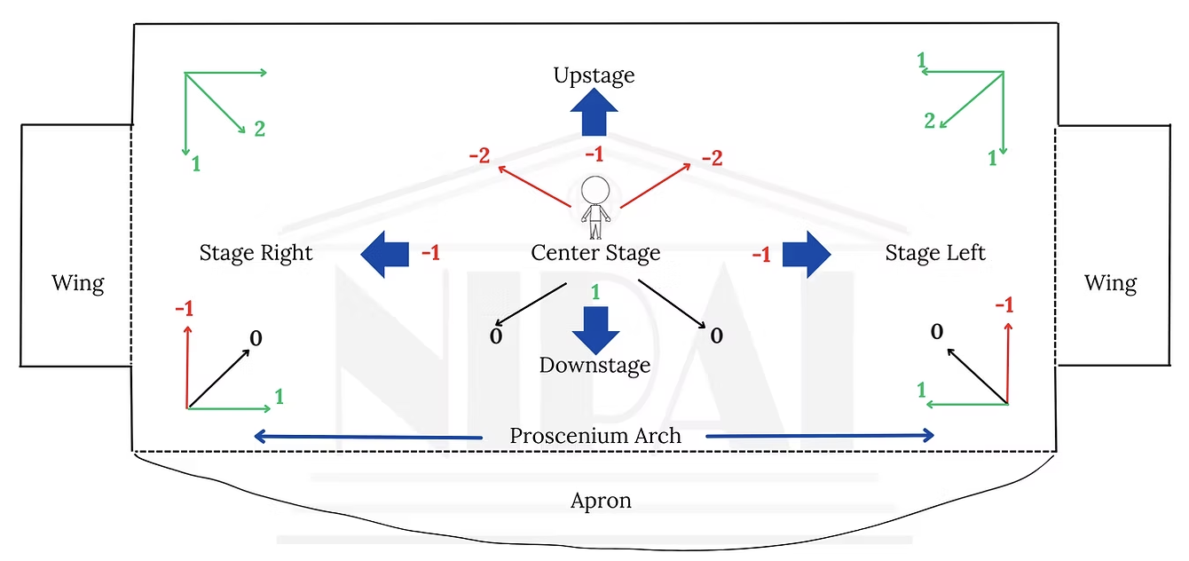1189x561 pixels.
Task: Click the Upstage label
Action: click(594, 75)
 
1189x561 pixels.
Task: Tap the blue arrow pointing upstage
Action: click(594, 112)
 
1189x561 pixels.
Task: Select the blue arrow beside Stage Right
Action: click(385, 254)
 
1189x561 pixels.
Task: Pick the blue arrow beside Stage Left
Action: click(807, 254)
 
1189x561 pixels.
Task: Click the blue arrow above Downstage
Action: click(595, 330)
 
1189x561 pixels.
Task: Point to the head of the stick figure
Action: click(595, 190)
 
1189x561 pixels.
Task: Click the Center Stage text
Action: click(595, 253)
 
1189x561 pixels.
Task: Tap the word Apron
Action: click(601, 501)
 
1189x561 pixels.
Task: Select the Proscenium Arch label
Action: click(595, 436)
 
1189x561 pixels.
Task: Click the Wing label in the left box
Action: click(77, 283)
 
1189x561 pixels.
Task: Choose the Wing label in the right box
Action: click(1110, 283)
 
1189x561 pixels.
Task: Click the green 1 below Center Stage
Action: click(595, 292)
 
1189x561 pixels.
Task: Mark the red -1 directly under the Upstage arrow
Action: click(594, 154)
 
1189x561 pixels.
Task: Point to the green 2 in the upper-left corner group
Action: click(260, 129)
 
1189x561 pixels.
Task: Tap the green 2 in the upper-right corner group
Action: click(929, 121)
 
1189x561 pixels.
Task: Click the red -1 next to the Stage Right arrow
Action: click(431, 253)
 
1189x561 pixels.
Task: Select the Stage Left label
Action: click(935, 253)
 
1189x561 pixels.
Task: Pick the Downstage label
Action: click(595, 366)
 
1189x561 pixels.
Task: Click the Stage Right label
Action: click(256, 253)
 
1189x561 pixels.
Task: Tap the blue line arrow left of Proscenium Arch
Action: click(368, 437)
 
